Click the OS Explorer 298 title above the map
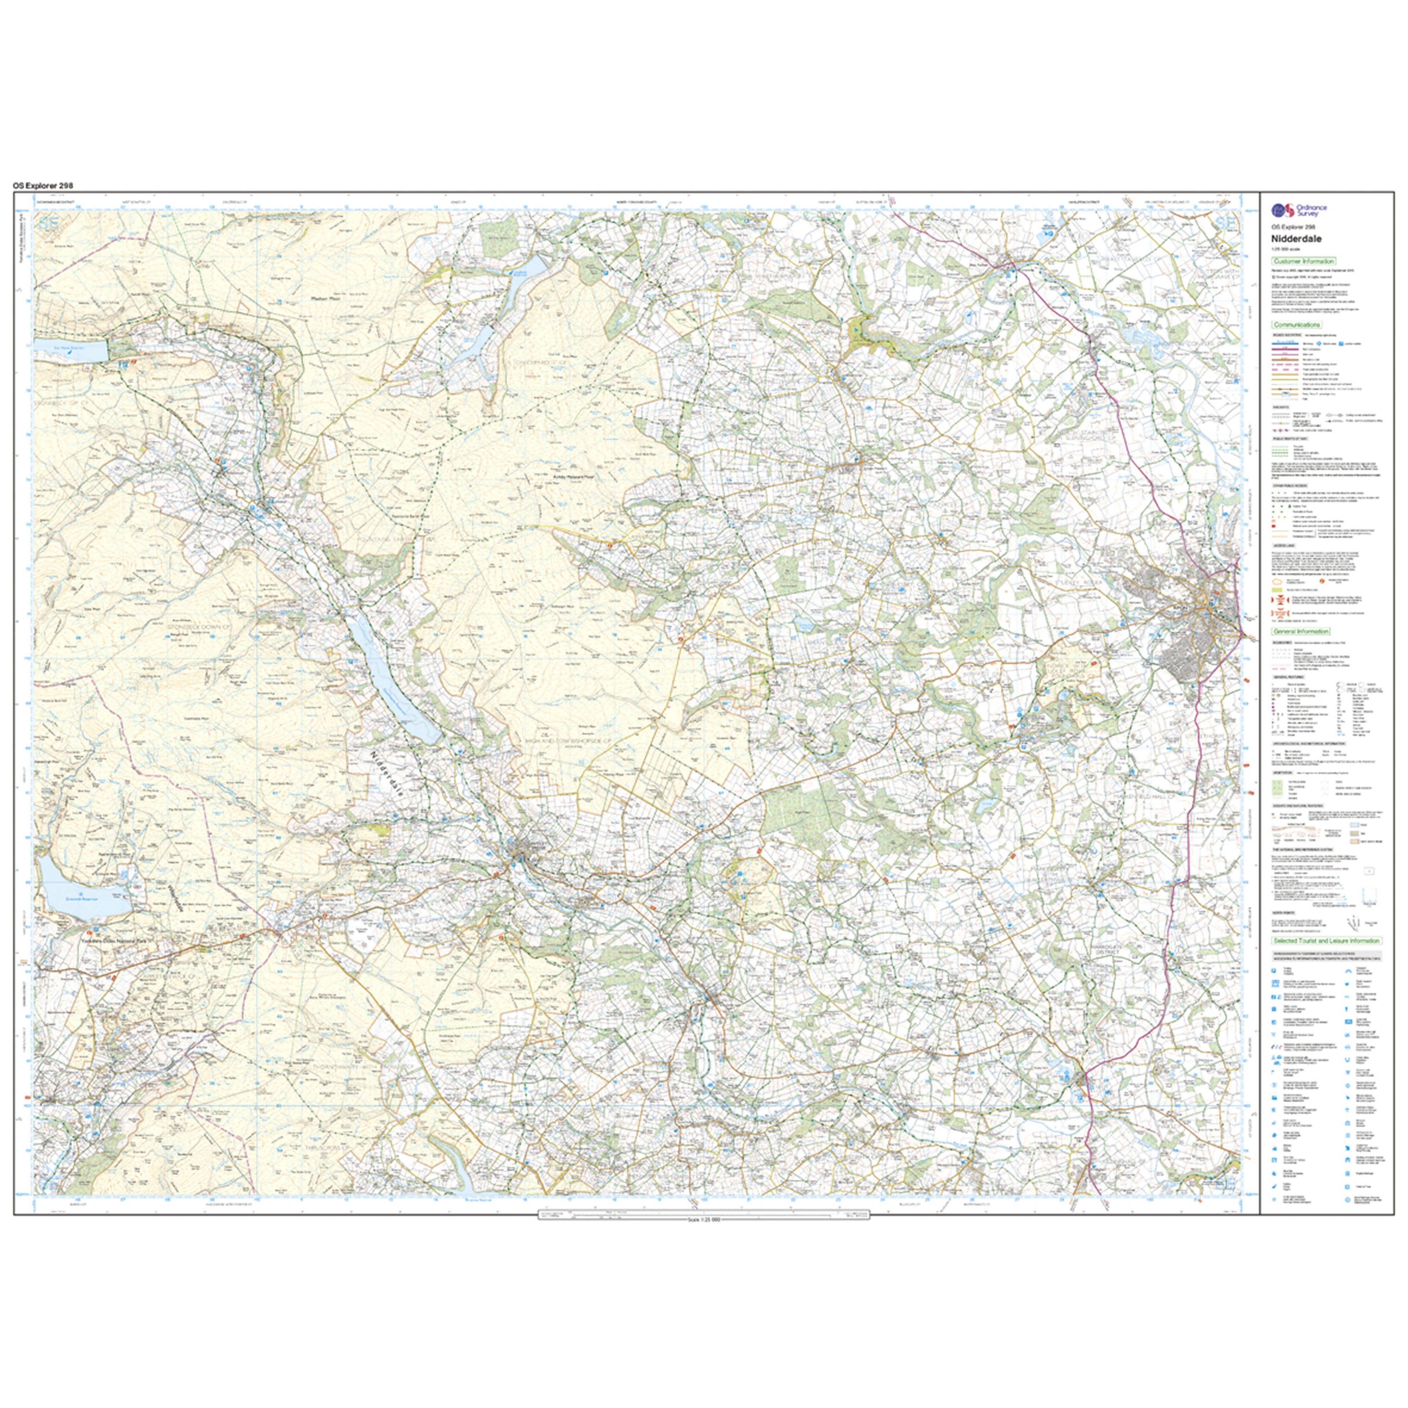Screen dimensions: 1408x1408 [43, 186]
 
